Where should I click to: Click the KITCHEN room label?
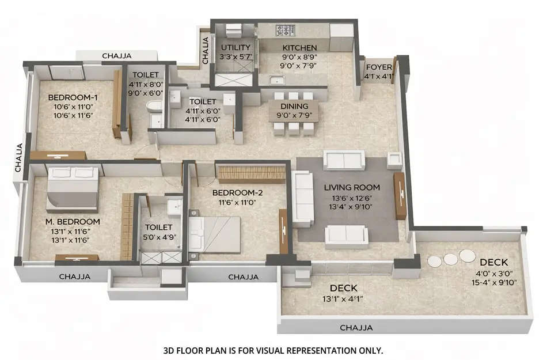click(x=299, y=48)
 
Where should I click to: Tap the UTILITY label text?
click(x=235, y=47)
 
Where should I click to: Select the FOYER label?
click(x=379, y=67)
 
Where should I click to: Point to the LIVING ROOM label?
click(x=351, y=187)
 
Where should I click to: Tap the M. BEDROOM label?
click(x=74, y=222)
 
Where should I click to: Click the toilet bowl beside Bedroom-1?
click(x=154, y=107)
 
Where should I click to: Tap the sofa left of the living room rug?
click(x=302, y=199)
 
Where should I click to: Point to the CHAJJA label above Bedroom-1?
click(x=117, y=56)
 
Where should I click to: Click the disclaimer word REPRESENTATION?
click(x=305, y=350)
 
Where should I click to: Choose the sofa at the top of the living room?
click(x=344, y=160)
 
